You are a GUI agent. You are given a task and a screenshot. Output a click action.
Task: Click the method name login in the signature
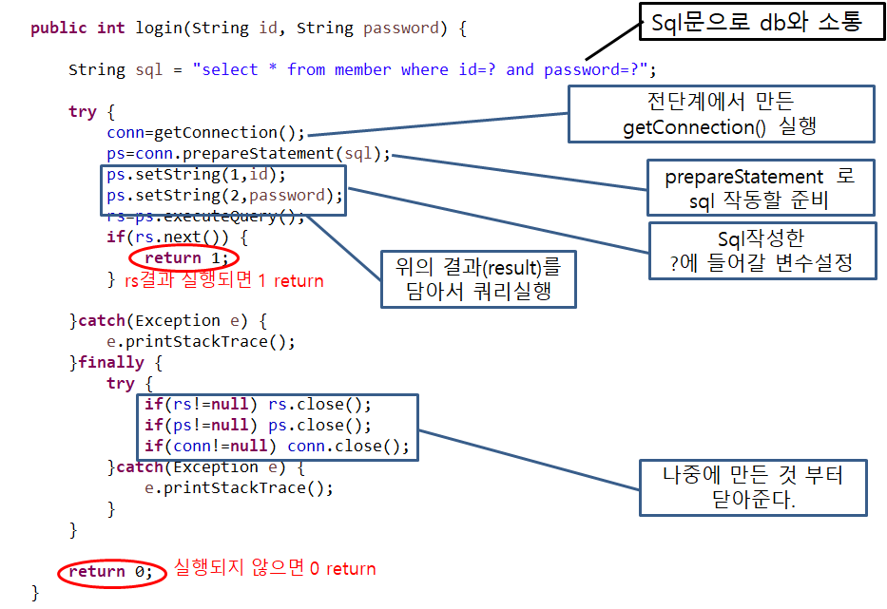[159, 28]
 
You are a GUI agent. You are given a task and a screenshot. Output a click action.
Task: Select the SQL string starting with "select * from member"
[424, 69]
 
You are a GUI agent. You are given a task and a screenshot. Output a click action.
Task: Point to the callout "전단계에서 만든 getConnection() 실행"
[721, 113]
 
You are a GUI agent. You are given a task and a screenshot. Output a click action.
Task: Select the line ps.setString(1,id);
[196, 175]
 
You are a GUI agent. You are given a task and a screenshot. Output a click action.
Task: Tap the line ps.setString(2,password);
[224, 196]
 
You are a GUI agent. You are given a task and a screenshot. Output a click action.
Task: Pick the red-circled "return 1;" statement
[185, 257]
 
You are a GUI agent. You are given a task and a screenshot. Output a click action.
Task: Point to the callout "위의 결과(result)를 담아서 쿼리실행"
[480, 278]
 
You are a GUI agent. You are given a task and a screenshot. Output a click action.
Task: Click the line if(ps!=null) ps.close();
[258, 425]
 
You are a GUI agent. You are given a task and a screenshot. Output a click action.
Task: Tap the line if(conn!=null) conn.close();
[277, 446]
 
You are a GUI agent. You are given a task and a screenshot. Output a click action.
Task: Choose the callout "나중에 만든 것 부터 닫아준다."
[753, 486]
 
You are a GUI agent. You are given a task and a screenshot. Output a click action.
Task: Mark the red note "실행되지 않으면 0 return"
[274, 569]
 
